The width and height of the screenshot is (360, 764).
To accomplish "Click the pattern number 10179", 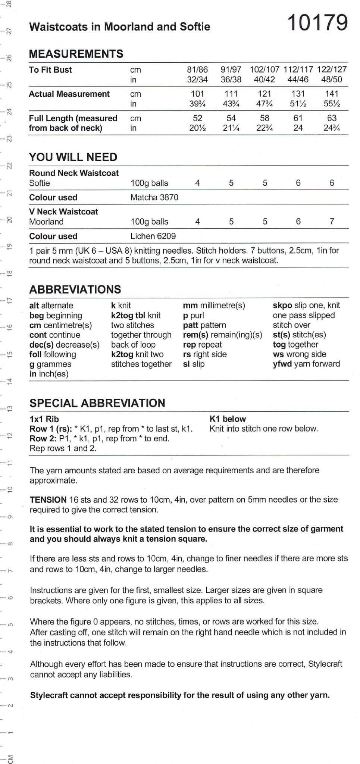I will coord(317,23).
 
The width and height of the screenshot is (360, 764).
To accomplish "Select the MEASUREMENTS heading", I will coord(76,54).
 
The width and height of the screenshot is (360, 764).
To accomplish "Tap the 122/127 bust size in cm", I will coord(332,70).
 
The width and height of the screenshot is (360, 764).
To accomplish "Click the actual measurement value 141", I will coord(332,94).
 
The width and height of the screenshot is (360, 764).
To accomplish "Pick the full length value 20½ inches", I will coord(197,128).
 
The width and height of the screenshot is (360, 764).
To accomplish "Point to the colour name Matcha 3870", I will coord(154,197).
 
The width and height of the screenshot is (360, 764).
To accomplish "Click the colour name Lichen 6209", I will coord(153,236).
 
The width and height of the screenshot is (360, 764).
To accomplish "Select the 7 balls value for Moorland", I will coord(332,222).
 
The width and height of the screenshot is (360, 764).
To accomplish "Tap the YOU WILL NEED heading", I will coord(73,157).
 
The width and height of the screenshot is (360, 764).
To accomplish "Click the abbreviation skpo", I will coord(282,305).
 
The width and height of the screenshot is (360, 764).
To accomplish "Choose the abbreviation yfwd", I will coord(282,364).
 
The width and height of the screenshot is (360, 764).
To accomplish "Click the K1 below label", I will coord(228,419).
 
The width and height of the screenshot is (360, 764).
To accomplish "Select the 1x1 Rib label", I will coord(44,419).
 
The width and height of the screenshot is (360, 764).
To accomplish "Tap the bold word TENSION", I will coord(48,500).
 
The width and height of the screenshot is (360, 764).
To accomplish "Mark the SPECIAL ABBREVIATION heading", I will coord(97,403).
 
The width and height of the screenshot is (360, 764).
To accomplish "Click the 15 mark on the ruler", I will coord(10,354).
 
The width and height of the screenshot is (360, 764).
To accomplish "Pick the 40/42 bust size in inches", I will coord(264,79).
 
